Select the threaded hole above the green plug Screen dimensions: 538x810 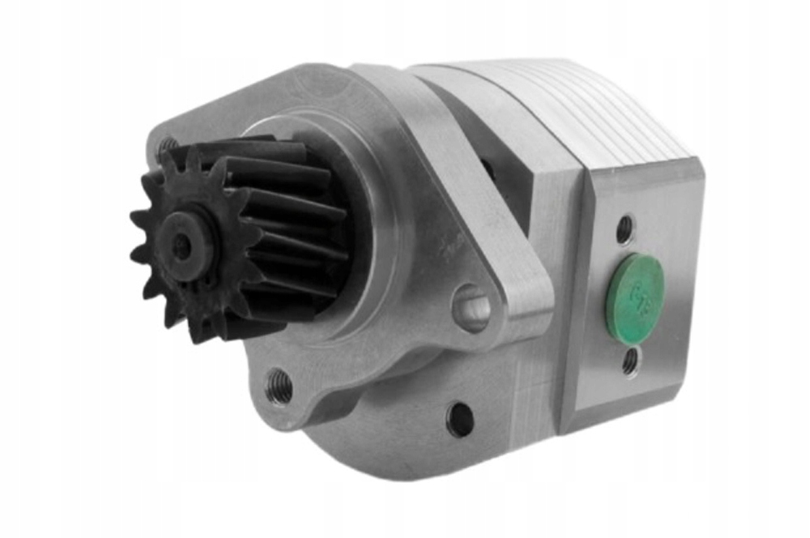pyautogui.click(x=625, y=228)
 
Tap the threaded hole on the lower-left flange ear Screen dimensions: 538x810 pyautogui.click(x=280, y=385)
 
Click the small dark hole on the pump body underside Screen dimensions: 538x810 pyautogui.click(x=460, y=419)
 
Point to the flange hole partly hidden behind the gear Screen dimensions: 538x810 pyautogui.click(x=168, y=146)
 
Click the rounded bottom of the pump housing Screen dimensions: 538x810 pyautogui.click(x=405, y=454)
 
